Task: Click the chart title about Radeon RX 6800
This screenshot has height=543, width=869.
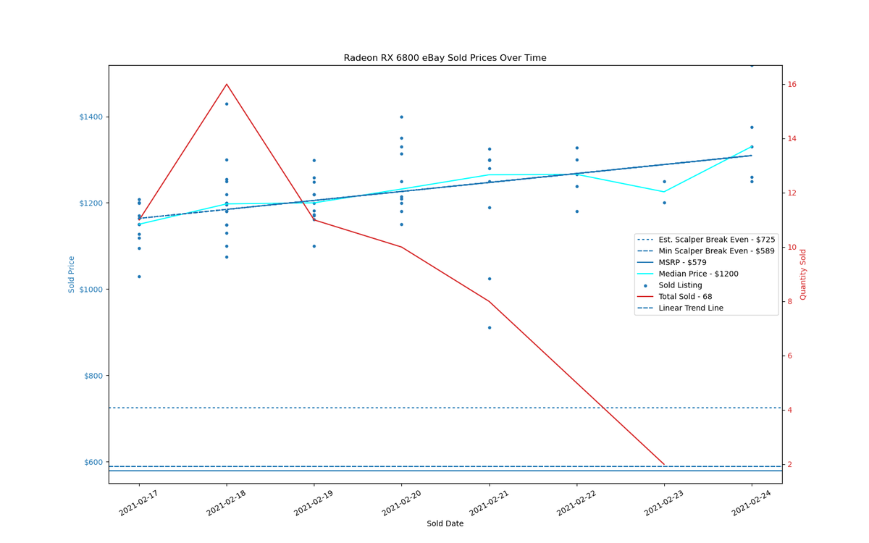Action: [x=445, y=58]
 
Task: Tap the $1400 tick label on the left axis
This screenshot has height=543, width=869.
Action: [x=91, y=117]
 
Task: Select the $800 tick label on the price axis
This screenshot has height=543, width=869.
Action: [x=93, y=376]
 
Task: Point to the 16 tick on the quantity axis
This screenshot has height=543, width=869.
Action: [x=792, y=85]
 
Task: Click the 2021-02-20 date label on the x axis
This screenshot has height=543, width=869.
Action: [x=401, y=503]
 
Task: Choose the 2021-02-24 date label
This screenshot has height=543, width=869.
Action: [x=752, y=503]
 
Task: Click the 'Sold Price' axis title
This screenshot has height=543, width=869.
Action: [x=72, y=274]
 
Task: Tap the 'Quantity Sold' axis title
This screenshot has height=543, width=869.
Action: [x=802, y=274]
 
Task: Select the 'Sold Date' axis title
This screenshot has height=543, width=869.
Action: [x=445, y=523]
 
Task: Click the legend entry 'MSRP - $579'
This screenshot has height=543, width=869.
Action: [x=682, y=263]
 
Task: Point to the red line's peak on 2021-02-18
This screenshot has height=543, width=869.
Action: [x=227, y=84]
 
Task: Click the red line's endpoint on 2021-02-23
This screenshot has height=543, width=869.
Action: [x=664, y=464]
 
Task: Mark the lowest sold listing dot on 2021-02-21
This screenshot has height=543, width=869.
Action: [x=490, y=328]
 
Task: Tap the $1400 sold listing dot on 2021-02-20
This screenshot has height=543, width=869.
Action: [x=401, y=117]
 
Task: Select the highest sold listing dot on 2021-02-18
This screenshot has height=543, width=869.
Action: [x=227, y=104]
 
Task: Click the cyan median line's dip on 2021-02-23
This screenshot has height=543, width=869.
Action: [x=664, y=192]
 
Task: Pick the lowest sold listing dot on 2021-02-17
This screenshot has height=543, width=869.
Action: [x=139, y=277]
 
